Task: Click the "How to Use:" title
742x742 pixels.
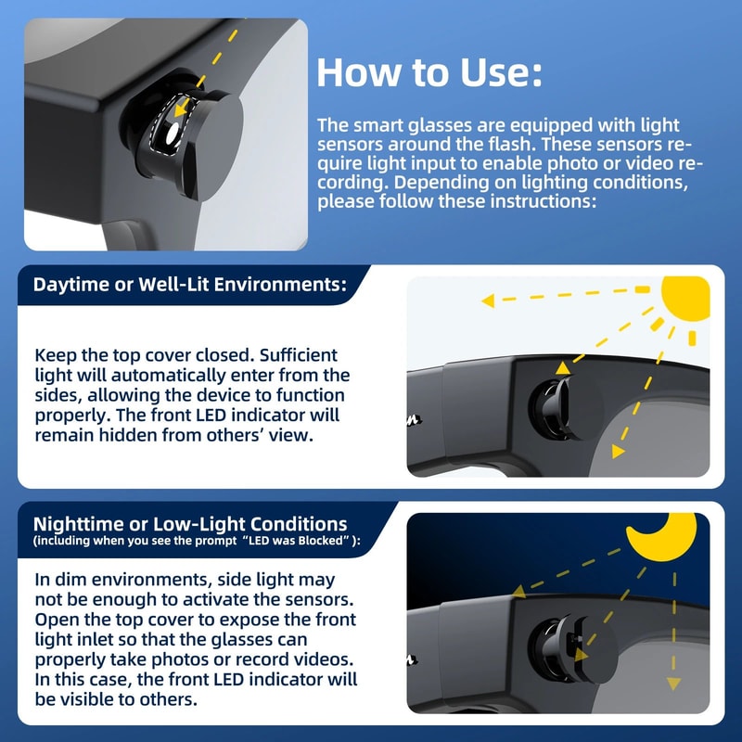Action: pos(429,72)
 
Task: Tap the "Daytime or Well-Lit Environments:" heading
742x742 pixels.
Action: pos(190,285)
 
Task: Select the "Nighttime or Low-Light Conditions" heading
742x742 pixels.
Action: pos(190,524)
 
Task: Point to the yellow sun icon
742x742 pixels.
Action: pos(686,298)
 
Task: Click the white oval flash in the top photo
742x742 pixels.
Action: pos(173,134)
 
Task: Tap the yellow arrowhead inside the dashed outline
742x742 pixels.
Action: pos(180,110)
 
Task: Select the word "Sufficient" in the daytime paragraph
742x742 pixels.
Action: pos(299,355)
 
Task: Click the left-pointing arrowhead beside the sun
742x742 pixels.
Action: pos(488,301)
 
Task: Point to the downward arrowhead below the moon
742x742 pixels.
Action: pos(674,684)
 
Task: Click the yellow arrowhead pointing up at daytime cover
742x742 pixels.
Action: pos(563,368)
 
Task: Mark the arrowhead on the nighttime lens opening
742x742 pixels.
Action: pos(582,655)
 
